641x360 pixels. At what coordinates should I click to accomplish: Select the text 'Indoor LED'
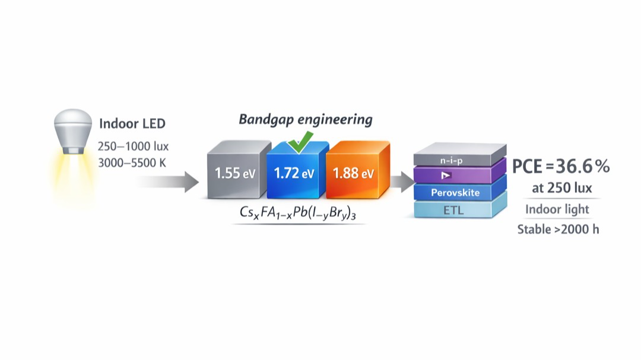click(x=132, y=124)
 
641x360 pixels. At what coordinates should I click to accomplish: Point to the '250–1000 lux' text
click(x=133, y=146)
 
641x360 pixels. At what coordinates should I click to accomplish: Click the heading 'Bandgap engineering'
click(x=305, y=119)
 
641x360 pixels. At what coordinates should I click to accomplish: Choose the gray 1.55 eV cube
click(x=235, y=173)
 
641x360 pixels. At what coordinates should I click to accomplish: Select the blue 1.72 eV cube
click(x=294, y=173)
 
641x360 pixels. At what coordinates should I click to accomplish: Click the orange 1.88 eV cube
click(x=353, y=173)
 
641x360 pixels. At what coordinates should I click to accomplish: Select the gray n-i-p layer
click(x=460, y=160)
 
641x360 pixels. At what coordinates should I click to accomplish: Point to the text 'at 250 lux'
click(x=561, y=189)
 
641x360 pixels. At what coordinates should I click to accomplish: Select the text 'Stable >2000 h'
click(x=558, y=229)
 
